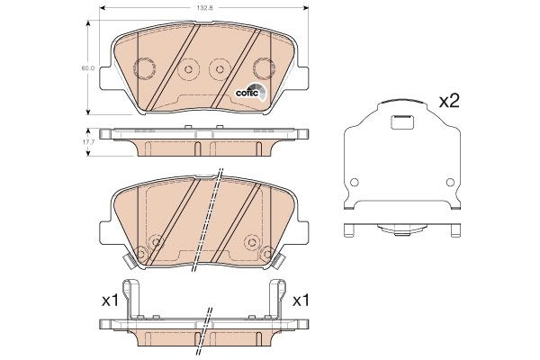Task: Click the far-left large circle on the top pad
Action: tap(141, 68)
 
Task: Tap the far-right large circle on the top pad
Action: tap(263, 68)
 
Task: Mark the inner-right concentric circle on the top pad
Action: tap(217, 70)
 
